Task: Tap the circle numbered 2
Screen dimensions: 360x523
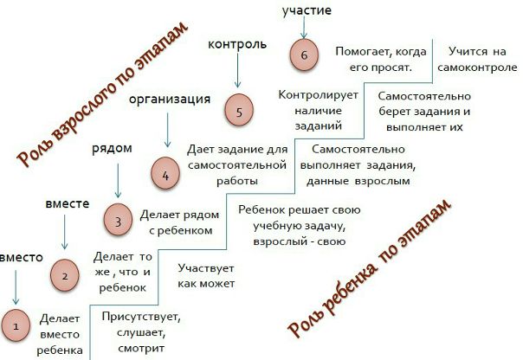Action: click(x=65, y=276)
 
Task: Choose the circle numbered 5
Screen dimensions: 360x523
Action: click(x=238, y=112)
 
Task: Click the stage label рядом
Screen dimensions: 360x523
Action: click(x=112, y=149)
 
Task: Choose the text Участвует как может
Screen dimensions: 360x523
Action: click(x=205, y=275)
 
